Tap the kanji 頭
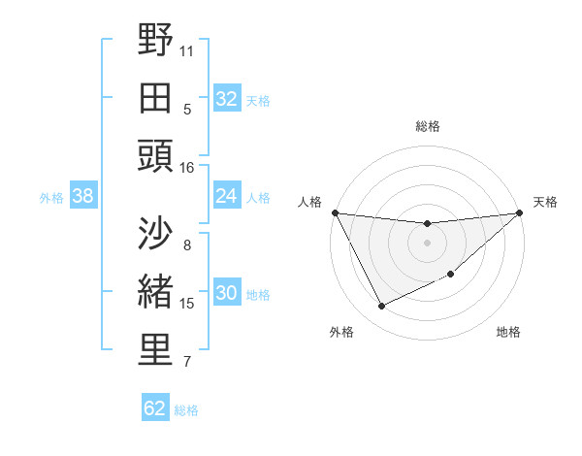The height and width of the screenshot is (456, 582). pos(155,155)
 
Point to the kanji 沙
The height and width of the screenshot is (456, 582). pos(155,233)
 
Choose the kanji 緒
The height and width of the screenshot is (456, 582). pos(155,291)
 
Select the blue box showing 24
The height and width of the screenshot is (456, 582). pos(226,196)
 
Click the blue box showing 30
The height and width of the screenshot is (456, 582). pos(226,293)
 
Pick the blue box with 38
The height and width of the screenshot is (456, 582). pos(82,196)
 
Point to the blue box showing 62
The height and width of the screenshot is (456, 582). pos(155,408)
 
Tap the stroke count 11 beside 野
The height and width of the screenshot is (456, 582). pos(187,49)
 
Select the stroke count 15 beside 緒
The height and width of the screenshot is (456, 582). pos(187,304)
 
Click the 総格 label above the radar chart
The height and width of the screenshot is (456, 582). pos(427,126)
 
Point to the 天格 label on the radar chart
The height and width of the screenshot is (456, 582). pos(545,202)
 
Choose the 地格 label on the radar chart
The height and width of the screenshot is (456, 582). pos(508,332)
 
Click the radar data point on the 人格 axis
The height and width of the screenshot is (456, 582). pos(336,212)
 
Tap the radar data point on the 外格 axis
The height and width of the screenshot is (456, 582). pos(381,307)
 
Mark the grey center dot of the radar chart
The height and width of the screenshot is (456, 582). pos(427,243)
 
